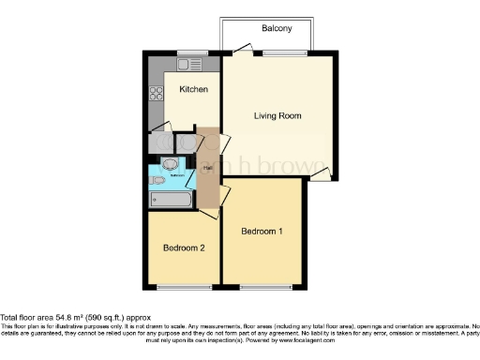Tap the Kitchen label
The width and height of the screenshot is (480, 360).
tap(193, 89)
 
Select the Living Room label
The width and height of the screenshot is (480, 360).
tap(277, 116)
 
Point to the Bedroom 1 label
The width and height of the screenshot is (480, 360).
tap(262, 231)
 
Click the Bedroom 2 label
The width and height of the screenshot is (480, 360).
tap(183, 248)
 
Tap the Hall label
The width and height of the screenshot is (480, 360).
tap(206, 167)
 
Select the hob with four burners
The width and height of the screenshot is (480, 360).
tap(156, 93)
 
